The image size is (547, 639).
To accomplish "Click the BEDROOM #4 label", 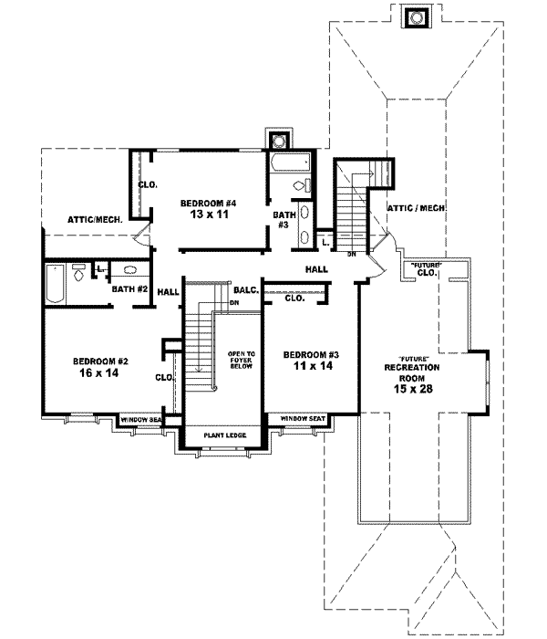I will point(208,202).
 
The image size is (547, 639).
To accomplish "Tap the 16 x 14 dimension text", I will point(96,372).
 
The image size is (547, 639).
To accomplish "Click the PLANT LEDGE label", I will point(222,436).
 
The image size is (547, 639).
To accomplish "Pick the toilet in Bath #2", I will point(79,272).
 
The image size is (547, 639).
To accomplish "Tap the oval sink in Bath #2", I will point(129,271).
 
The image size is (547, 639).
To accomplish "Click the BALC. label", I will point(247,289).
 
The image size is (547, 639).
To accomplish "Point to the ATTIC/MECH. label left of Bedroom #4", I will point(95,219).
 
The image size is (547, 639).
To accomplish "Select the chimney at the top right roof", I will point(417,17).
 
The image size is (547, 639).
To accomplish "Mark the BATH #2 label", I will point(129,289).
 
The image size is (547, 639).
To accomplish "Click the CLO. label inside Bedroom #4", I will point(148,184).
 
